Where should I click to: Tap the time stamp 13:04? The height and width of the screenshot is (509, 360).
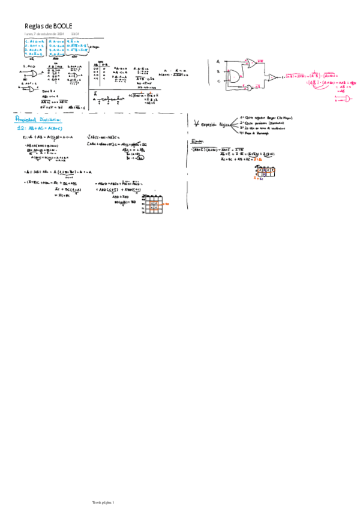point(75,34)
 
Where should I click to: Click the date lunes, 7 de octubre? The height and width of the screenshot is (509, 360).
point(44,34)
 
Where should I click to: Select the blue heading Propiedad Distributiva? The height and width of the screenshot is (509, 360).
point(38,119)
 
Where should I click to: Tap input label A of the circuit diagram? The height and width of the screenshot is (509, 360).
point(218,61)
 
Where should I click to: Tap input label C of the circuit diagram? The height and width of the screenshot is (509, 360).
point(218,81)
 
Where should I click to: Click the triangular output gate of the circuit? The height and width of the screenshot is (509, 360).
point(272,77)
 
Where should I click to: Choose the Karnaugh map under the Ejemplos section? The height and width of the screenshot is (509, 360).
point(265,173)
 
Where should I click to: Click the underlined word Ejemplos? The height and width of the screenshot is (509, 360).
point(198,142)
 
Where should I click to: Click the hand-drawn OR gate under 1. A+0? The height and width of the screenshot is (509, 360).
point(29,74)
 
